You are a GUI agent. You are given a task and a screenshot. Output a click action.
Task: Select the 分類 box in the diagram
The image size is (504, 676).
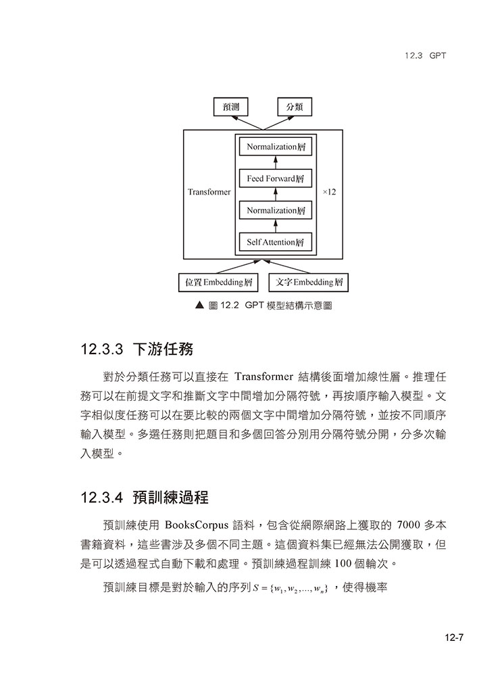[295, 107]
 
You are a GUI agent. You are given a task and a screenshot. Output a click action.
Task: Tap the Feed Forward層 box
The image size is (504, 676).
[274, 179]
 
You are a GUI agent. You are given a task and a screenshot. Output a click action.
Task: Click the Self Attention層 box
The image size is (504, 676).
[274, 242]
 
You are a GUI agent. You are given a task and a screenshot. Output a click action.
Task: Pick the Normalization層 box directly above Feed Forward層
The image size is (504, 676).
[274, 147]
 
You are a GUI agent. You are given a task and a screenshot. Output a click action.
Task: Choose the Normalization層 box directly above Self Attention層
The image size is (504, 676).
[274, 211]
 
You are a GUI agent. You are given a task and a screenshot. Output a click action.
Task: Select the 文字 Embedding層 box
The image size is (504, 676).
[309, 282]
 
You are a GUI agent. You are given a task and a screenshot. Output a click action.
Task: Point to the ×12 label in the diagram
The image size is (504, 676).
[329, 193]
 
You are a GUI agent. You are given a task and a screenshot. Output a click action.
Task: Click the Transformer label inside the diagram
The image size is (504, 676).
[209, 193]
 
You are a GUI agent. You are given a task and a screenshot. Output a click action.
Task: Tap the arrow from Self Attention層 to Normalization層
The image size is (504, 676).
[275, 226]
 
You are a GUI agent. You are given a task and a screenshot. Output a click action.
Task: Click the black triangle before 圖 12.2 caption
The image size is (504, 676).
[199, 306]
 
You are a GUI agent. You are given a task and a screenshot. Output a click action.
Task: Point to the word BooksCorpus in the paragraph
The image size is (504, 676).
[198, 525]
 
